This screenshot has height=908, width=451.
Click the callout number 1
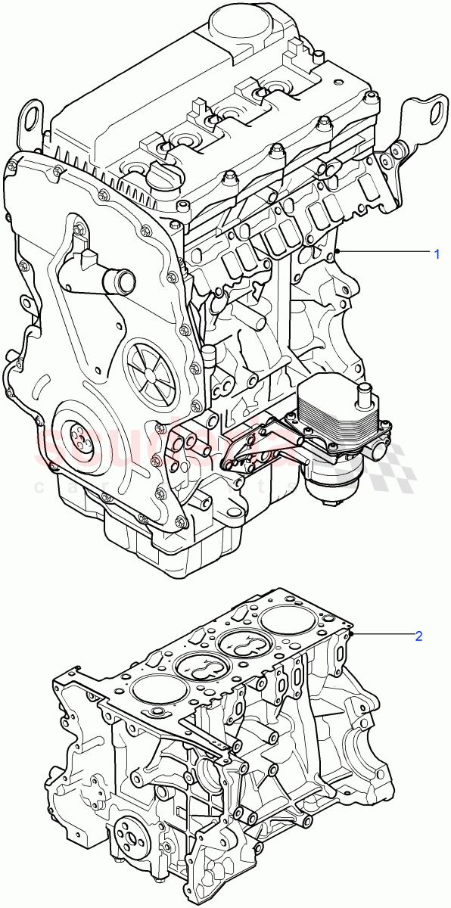click(437, 253)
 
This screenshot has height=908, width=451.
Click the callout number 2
click(418, 636)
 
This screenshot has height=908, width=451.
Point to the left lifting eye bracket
click(33, 118)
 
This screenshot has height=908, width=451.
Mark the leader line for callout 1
click(386, 252)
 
